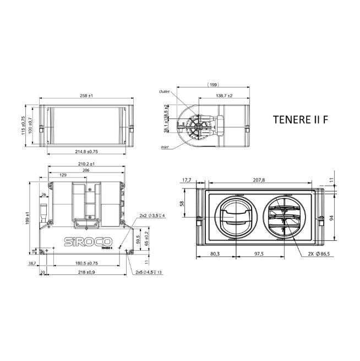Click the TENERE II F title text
pos(300,119)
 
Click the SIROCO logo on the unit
pos(88,242)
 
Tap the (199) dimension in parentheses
pos(213,85)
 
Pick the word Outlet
pos(165,91)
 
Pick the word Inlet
pos(165,147)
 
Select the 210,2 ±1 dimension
pos(87,164)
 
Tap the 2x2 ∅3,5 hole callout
pos(152,215)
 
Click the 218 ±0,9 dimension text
pos(87,272)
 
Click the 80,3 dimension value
pos(215,254)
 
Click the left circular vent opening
pos(235,216)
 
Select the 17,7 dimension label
pos(187,180)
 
